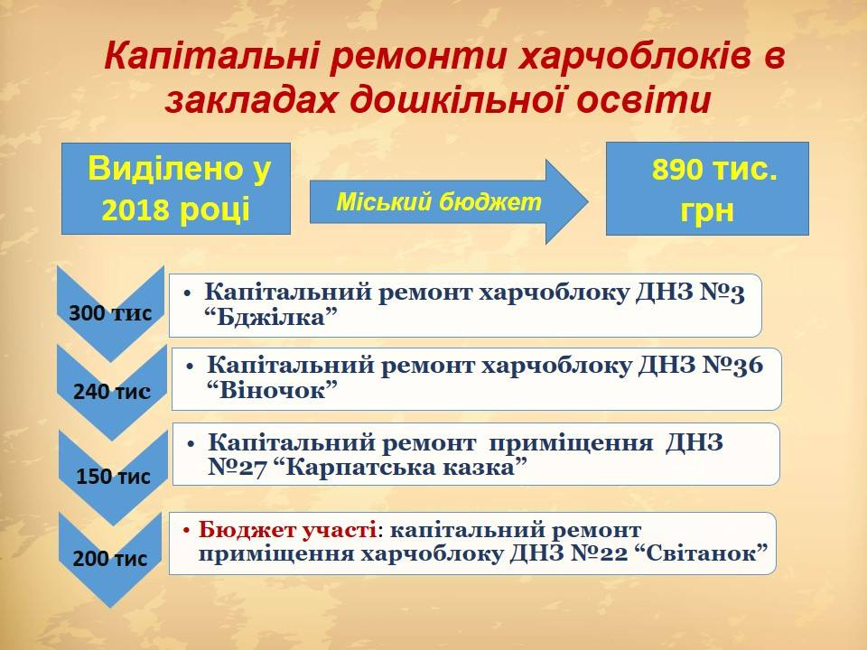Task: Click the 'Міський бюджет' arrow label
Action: [439, 201]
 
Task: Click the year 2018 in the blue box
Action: [135, 210]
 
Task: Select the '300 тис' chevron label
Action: [110, 313]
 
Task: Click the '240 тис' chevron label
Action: [112, 392]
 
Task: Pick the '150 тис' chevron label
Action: [113, 477]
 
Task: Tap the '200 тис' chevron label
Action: [110, 558]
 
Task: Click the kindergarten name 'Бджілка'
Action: [271, 317]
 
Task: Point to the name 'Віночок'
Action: [272, 391]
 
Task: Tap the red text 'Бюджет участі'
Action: [287, 530]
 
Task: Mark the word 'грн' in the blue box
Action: [707, 210]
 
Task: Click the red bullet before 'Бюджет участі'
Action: [187, 531]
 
